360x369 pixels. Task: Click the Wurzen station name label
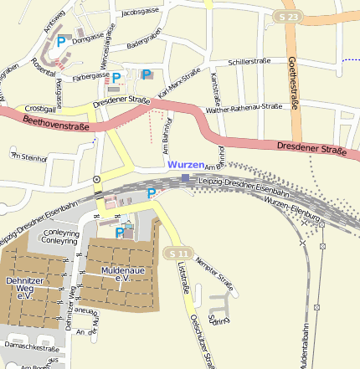click(x=186, y=165)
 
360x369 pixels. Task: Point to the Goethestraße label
click(x=294, y=84)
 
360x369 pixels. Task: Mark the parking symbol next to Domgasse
click(x=60, y=39)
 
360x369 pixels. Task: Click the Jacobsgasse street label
click(x=140, y=13)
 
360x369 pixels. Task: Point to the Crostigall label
click(x=40, y=109)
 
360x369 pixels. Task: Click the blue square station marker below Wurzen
click(x=185, y=178)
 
